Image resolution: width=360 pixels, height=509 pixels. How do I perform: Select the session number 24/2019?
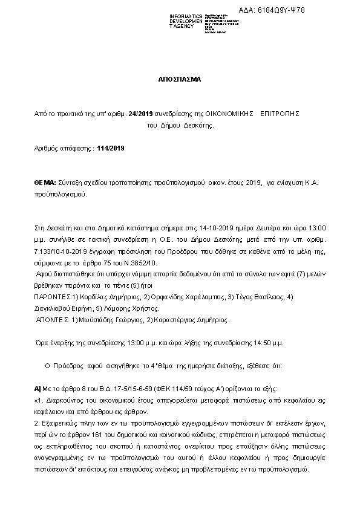[x=139, y=114]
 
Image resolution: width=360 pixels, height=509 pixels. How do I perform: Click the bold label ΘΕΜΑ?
[x=45, y=183]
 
